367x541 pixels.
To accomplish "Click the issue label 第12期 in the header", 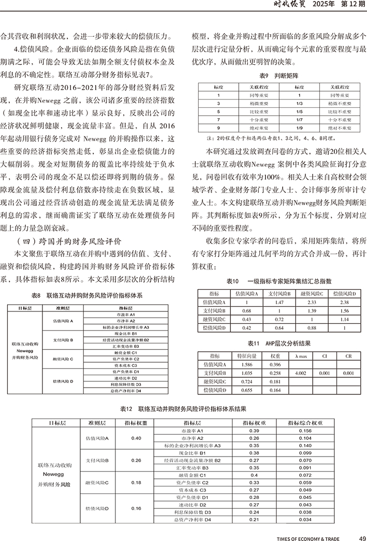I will (351, 6).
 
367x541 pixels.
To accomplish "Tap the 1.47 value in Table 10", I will (280, 302).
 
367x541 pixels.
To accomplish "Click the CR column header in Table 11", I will (348, 357).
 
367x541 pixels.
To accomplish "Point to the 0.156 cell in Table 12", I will (305, 431).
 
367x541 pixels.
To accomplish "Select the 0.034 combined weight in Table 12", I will (305, 519).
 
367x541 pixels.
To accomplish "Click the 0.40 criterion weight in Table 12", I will (136, 438).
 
